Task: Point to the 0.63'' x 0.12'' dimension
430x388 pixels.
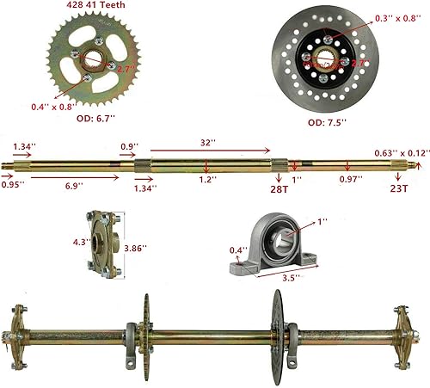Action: pyautogui.click(x=400, y=152)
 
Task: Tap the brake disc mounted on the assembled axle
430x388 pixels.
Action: pyautogui.click(x=277, y=327)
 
